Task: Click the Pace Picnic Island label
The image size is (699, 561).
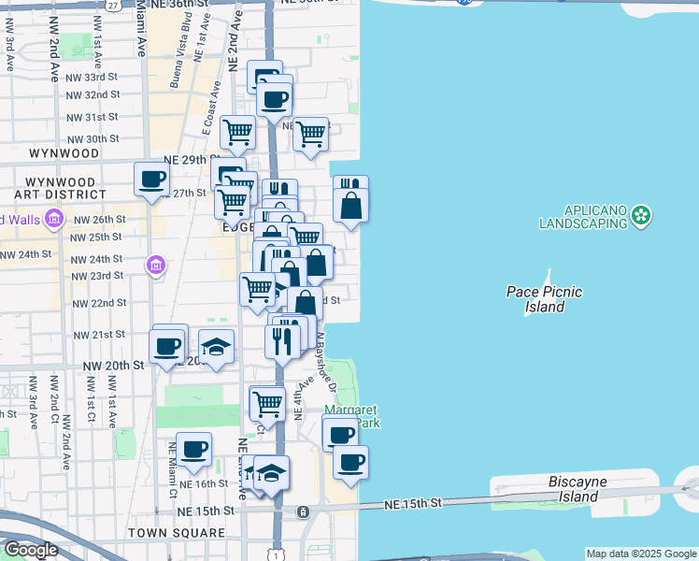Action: click(x=544, y=299)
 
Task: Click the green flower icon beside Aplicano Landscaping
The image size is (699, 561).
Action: click(x=641, y=217)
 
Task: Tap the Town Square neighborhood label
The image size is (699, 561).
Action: click(x=177, y=533)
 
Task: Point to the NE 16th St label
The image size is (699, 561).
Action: click(x=204, y=484)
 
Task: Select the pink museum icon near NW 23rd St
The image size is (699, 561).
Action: click(x=155, y=267)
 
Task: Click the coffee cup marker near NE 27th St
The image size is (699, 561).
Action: click(x=151, y=179)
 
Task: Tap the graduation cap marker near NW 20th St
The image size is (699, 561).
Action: click(x=216, y=348)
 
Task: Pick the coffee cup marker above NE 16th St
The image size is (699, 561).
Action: click(x=194, y=450)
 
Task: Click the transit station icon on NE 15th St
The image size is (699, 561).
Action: click(x=303, y=512)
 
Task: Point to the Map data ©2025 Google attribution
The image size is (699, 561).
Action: click(x=641, y=554)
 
